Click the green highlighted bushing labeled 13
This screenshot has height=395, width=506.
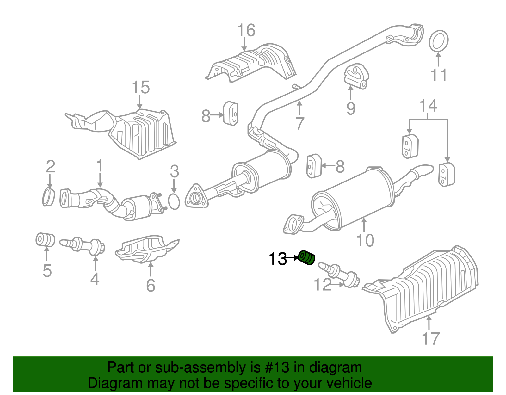pyautogui.click(x=306, y=257)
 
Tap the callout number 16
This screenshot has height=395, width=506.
pyautogui.click(x=246, y=31)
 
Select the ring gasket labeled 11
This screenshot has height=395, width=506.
pyautogui.click(x=439, y=41)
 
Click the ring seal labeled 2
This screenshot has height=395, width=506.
pyautogui.click(x=48, y=197)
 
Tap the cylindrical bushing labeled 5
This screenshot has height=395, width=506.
pyautogui.click(x=45, y=240)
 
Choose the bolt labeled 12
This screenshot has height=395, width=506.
pyautogui.click(x=340, y=274)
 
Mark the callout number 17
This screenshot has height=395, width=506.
pyautogui.click(x=431, y=338)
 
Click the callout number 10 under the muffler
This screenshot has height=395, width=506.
pyautogui.click(x=365, y=240)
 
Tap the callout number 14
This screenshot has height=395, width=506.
pyautogui.click(x=428, y=106)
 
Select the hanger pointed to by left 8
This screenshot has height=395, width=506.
pyautogui.click(x=231, y=114)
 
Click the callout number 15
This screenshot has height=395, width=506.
pyautogui.click(x=140, y=87)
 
